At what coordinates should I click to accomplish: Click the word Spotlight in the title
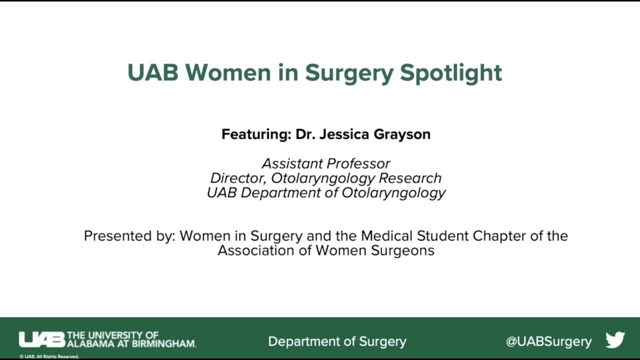coord(450,73)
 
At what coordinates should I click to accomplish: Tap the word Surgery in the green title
coord(349,73)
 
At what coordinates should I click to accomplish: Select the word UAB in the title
coord(152,72)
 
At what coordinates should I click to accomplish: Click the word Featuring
coord(256,134)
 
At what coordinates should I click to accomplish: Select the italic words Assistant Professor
coord(326,163)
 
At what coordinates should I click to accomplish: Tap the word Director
coord(238,178)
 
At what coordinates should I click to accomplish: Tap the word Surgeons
coord(402,250)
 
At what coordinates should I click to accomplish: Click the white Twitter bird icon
coord(615,340)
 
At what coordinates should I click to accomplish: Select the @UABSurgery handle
coord(548,341)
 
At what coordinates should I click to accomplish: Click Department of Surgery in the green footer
coord(337,341)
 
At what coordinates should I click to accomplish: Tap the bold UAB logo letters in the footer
coord(42,339)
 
